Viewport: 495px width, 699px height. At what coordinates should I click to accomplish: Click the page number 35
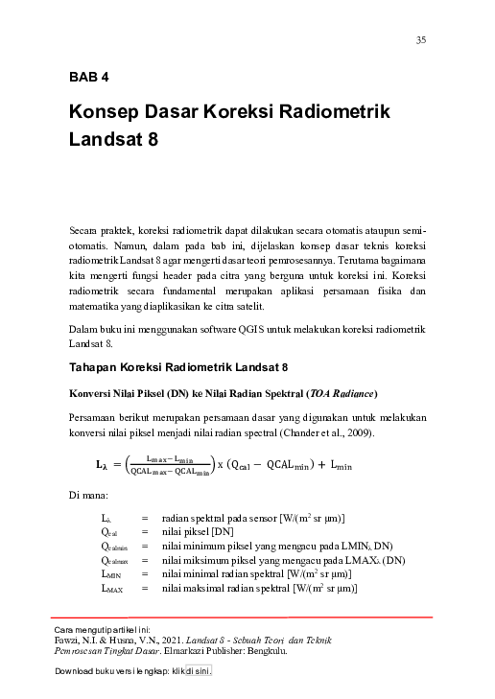[420, 39]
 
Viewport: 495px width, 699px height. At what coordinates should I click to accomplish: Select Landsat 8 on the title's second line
[113, 140]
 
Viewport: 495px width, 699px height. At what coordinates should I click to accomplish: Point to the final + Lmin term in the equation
[333, 466]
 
